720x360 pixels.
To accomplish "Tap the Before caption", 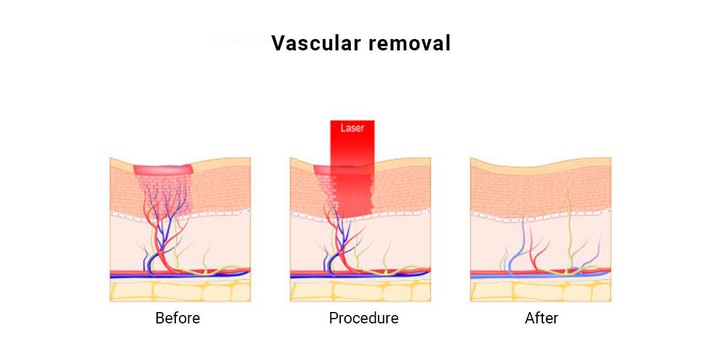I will [x=178, y=319].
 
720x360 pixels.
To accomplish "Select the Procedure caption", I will [x=364, y=319].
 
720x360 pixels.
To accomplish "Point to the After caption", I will [x=541, y=319].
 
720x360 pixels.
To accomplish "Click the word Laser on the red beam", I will [x=352, y=129].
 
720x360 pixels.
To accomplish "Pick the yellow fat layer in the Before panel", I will [x=180, y=291].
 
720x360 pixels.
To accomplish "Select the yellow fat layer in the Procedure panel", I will [x=360, y=291].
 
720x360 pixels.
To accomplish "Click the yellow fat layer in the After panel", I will [x=541, y=291].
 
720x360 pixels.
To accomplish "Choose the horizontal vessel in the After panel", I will [x=541, y=271].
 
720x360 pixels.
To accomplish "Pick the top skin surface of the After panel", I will [x=541, y=162].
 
